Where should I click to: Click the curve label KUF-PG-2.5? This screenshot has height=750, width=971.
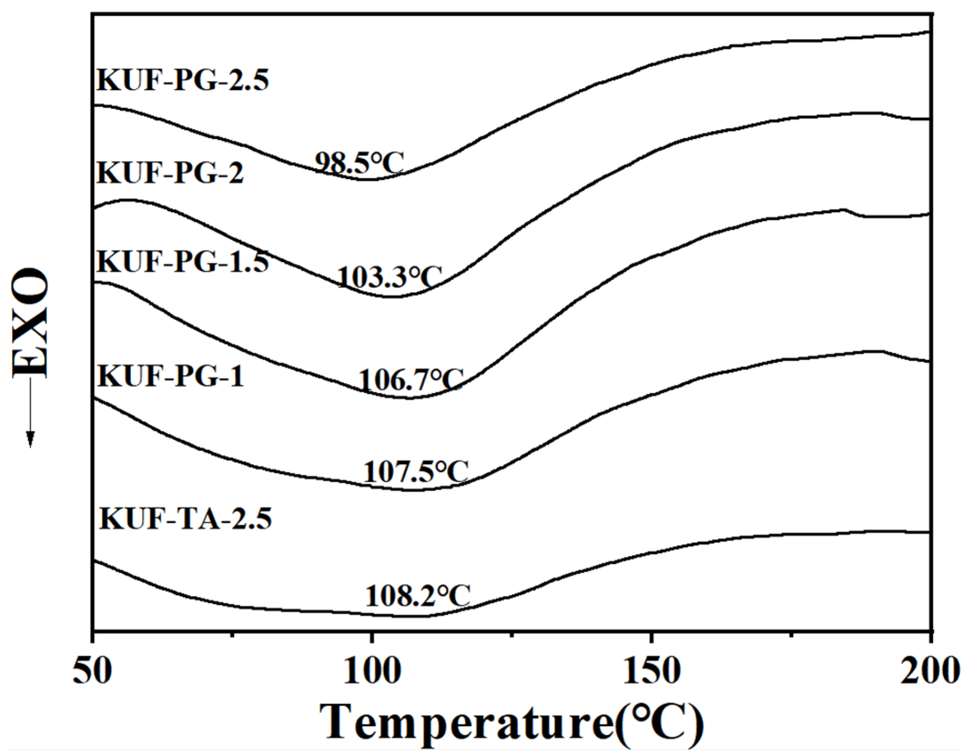pyautogui.click(x=183, y=81)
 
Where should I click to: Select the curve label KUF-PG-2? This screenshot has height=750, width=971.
pyautogui.click(x=170, y=173)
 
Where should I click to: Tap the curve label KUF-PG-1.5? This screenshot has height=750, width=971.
pyautogui.click(x=183, y=261)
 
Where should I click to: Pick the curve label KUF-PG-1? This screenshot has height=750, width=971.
pyautogui.click(x=171, y=376)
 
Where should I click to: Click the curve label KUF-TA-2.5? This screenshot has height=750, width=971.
pyautogui.click(x=185, y=519)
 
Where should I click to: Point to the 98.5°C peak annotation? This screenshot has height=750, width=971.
pyautogui.click(x=359, y=163)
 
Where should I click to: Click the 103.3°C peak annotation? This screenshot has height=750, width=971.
pyautogui.click(x=389, y=277)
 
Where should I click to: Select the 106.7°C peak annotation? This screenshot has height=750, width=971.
pyautogui.click(x=411, y=380)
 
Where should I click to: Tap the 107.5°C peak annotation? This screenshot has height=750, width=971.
pyautogui.click(x=416, y=472)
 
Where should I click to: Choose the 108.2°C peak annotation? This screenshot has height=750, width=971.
pyautogui.click(x=418, y=595)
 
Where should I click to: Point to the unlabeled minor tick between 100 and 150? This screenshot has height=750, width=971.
pyautogui.click(x=512, y=634)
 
